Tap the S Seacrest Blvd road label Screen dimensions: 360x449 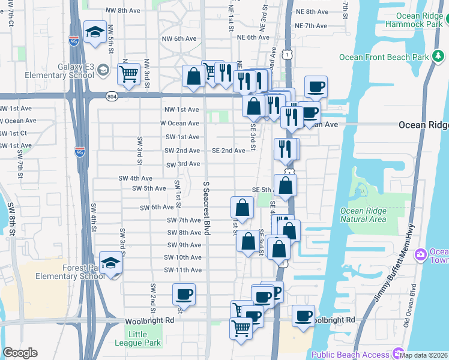click(206, 208)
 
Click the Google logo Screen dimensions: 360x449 click(20, 353)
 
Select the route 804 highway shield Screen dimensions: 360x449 click(113, 96)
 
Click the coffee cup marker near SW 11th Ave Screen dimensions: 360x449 click(184, 295)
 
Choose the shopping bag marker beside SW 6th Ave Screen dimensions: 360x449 click(241, 208)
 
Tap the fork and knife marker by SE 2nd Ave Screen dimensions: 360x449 click(285, 148)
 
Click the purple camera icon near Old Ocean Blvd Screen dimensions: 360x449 click(420, 254)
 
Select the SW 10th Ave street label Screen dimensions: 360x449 click(182, 257)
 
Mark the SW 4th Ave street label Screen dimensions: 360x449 click(135, 178)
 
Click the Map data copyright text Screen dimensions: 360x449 click(424, 356)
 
